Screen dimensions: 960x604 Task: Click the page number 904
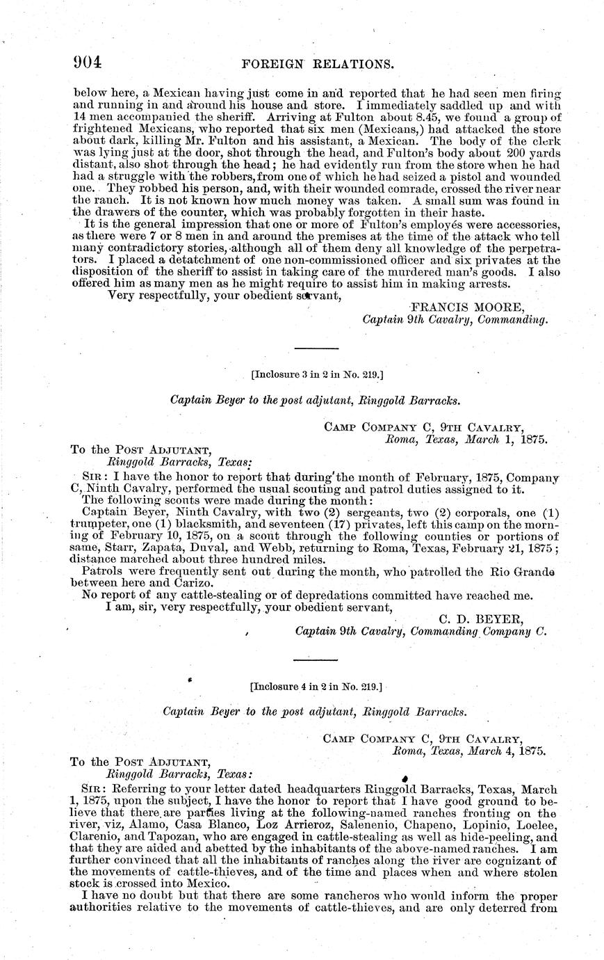[x=88, y=63]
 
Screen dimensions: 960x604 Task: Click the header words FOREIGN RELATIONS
[x=317, y=64]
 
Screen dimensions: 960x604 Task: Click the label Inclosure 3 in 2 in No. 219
[x=317, y=375]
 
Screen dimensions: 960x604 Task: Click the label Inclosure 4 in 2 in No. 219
[x=316, y=685]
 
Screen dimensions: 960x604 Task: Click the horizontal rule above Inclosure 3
[x=317, y=348]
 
